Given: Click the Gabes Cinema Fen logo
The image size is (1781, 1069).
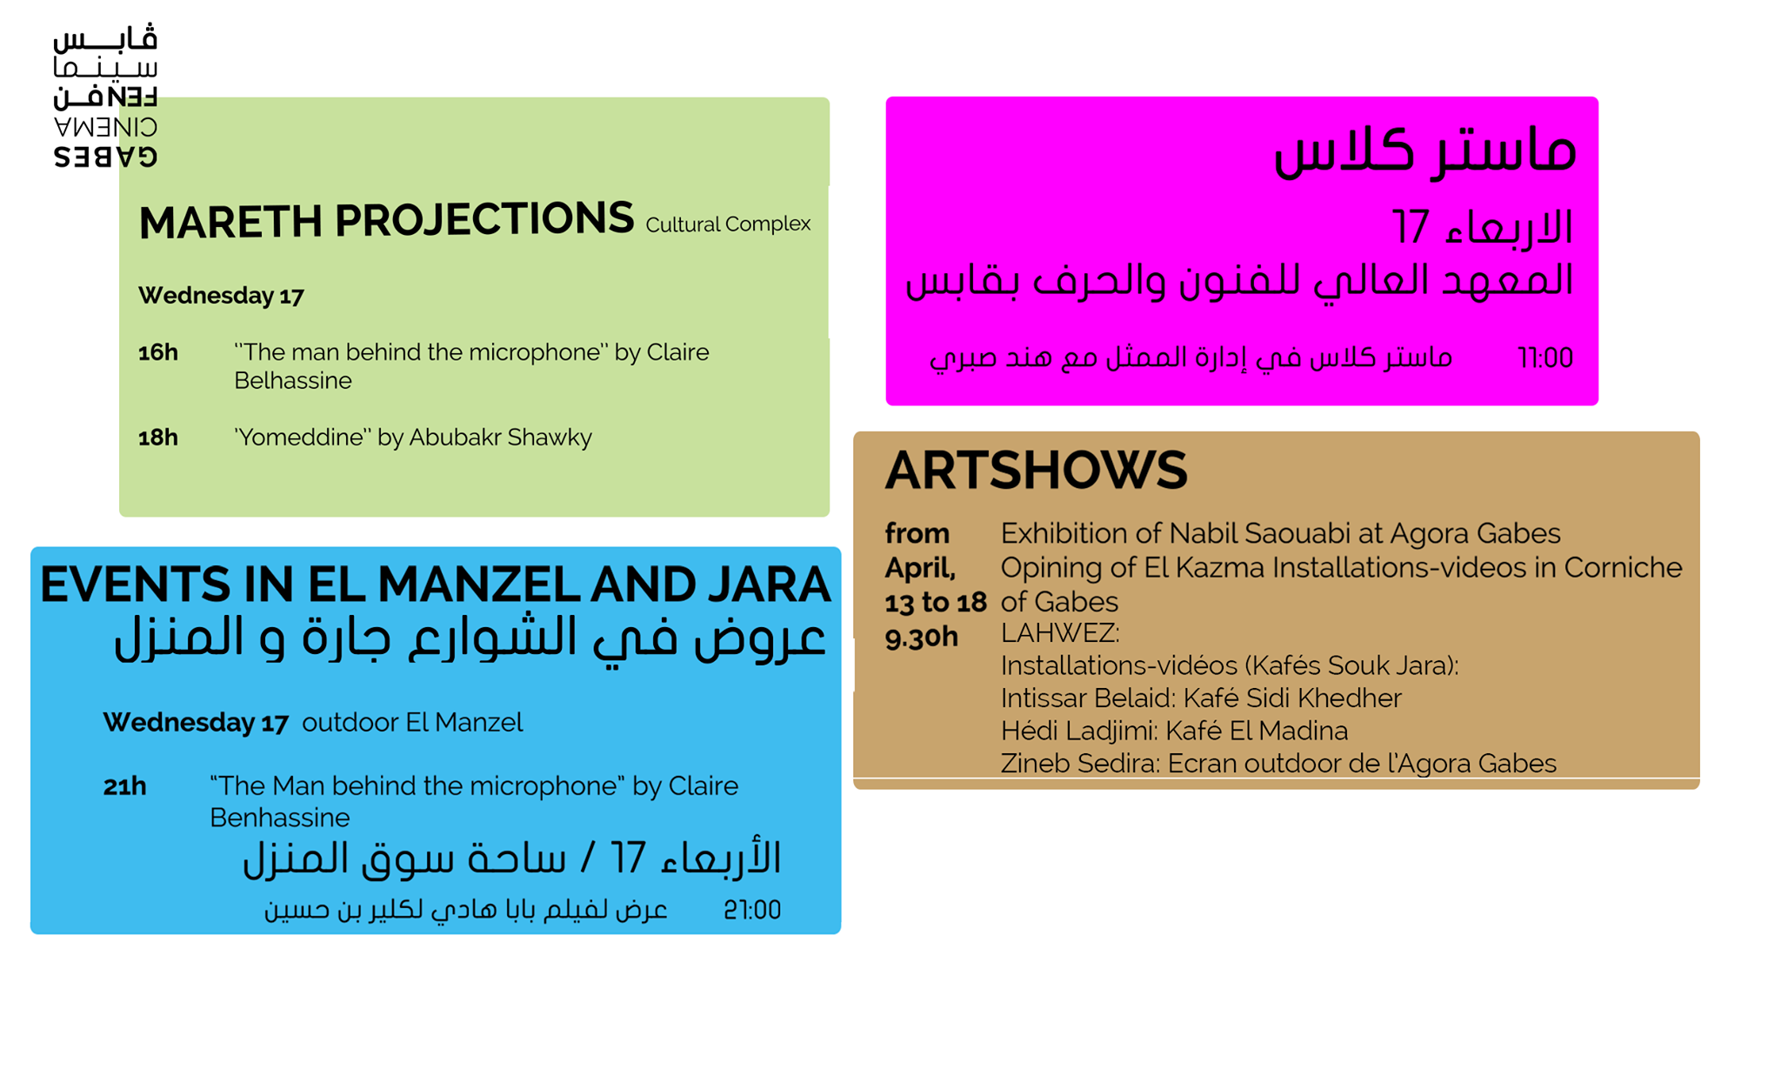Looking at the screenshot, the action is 105,96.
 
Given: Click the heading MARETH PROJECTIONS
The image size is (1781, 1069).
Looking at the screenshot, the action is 386,220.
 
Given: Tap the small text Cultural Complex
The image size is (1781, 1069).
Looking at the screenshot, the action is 728,224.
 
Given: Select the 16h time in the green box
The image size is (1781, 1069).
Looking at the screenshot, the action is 158,352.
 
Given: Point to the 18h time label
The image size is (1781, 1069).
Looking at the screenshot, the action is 158,437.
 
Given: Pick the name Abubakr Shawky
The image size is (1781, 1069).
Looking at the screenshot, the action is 500,437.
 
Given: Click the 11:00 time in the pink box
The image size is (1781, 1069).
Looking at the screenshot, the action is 1545,357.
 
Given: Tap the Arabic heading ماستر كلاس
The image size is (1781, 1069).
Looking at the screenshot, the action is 1424,150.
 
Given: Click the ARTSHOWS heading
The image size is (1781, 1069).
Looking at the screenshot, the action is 1036,471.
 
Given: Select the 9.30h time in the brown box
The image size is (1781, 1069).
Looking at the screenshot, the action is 922,638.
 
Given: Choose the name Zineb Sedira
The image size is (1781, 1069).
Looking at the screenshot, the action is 1077,763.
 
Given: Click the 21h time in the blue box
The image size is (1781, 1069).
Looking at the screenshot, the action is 124,786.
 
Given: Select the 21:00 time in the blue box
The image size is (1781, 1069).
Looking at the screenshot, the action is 752,910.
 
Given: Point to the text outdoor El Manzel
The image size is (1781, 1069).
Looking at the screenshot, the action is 412,722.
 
